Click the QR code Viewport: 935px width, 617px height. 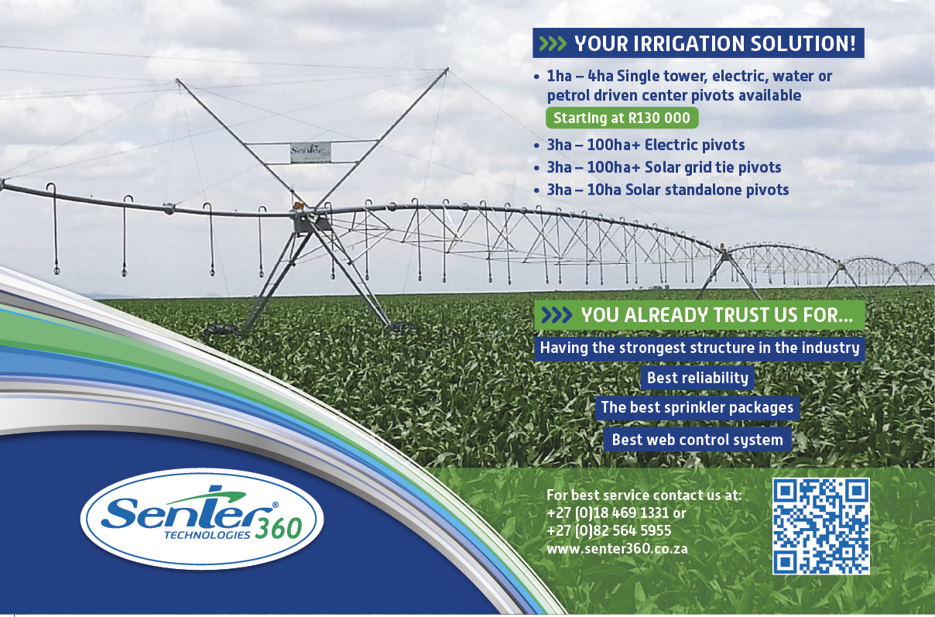[x=821, y=526]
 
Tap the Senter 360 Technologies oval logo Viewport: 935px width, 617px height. [x=202, y=519]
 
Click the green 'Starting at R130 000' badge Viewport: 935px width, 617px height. [x=622, y=118]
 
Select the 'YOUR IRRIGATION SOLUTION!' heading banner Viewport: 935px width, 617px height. [x=698, y=43]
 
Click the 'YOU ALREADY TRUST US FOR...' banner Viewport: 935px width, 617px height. [x=700, y=315]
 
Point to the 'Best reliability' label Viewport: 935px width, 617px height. [x=697, y=378]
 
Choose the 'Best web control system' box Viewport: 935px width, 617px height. [x=697, y=440]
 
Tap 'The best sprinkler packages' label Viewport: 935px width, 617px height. [x=697, y=408]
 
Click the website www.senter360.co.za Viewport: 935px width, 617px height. [x=617, y=549]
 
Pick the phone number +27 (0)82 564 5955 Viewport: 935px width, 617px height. [x=608, y=530]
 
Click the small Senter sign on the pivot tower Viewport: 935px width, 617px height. [x=310, y=153]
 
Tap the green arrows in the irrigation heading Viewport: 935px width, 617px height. [x=552, y=43]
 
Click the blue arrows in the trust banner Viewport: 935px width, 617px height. [x=557, y=315]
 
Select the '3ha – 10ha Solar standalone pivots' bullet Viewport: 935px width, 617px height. [x=667, y=190]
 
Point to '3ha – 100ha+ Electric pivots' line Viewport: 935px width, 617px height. [x=646, y=145]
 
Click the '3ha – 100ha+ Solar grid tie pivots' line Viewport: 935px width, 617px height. [x=663, y=167]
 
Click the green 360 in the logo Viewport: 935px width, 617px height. [x=279, y=529]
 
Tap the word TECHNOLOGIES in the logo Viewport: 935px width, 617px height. [x=207, y=536]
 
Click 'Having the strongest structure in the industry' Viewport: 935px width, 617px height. [x=700, y=348]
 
